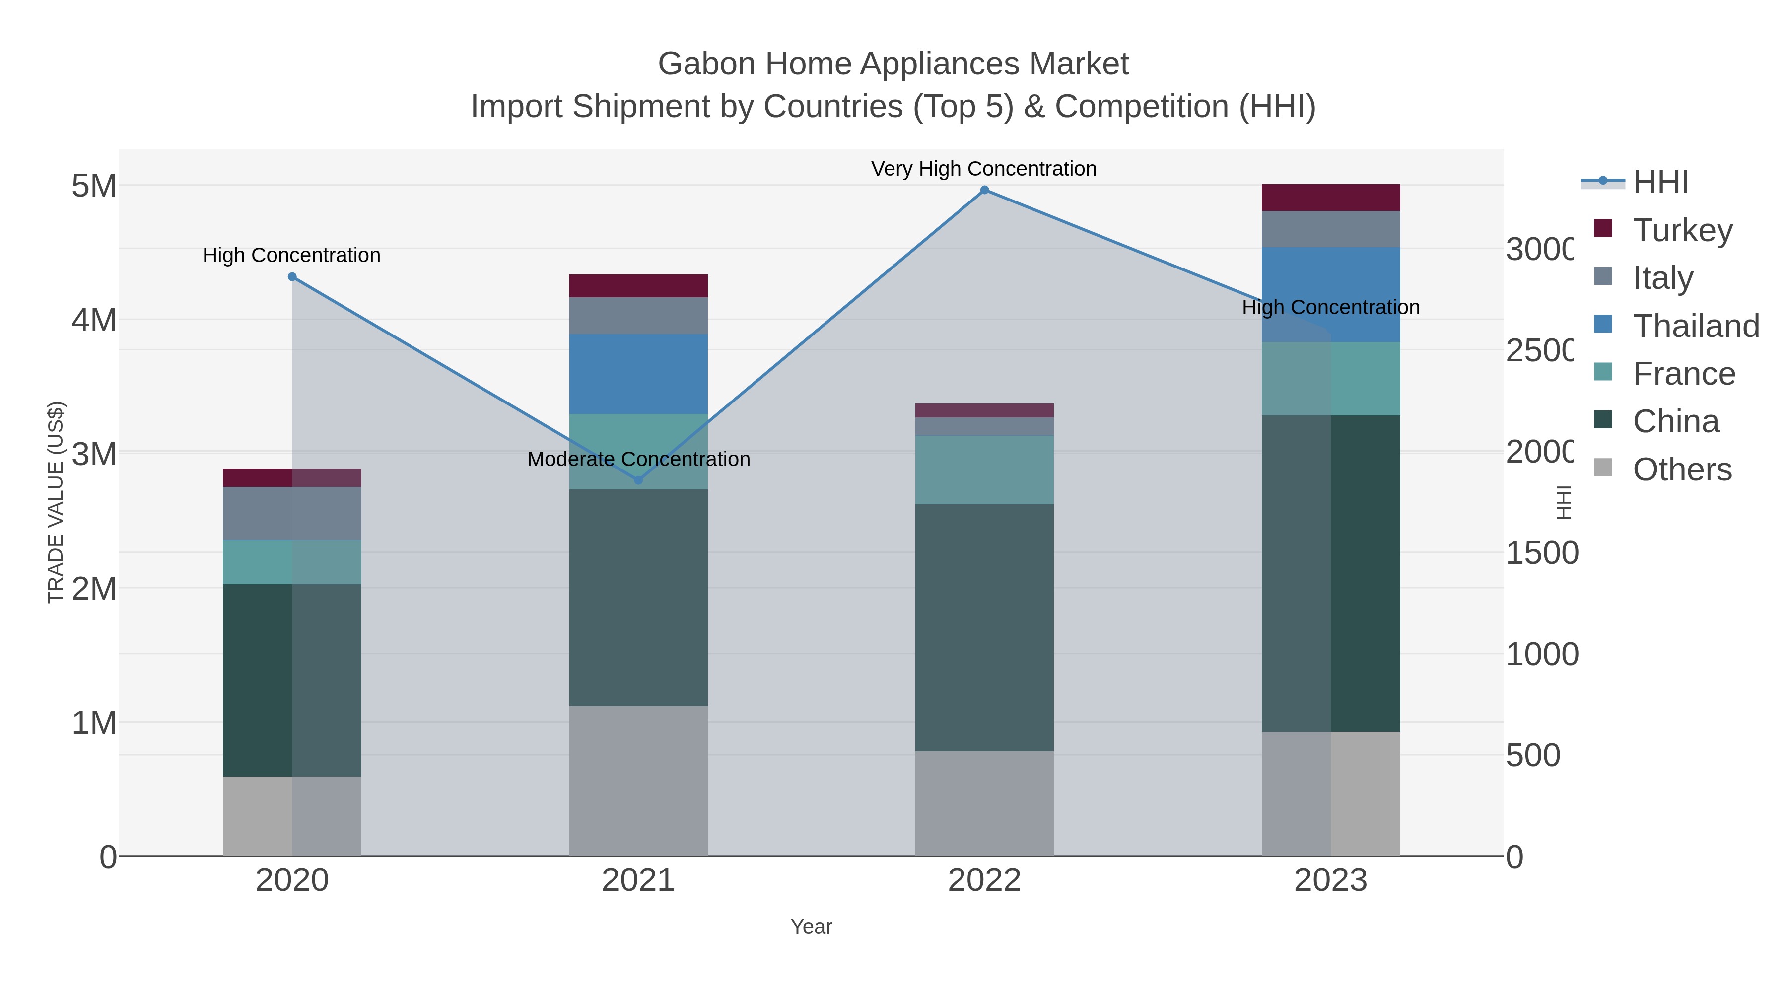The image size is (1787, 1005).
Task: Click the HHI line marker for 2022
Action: point(984,190)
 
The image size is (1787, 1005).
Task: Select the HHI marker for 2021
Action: point(638,480)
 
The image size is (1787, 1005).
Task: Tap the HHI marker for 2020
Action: point(292,277)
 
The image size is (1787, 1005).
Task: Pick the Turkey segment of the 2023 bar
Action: point(1330,198)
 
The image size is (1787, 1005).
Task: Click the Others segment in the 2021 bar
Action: point(638,781)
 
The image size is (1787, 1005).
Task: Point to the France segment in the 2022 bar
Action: point(984,469)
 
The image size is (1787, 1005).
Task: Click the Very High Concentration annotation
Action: point(984,169)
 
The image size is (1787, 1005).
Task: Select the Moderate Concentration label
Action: point(638,459)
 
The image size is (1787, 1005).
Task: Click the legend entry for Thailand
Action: point(1696,325)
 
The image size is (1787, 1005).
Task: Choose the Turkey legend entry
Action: point(1682,230)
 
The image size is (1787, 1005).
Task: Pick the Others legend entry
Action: point(1682,469)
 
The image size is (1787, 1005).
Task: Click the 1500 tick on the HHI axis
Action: point(1541,553)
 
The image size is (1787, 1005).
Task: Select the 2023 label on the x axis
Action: point(1330,880)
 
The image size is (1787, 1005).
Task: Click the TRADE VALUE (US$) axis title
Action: point(56,502)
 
